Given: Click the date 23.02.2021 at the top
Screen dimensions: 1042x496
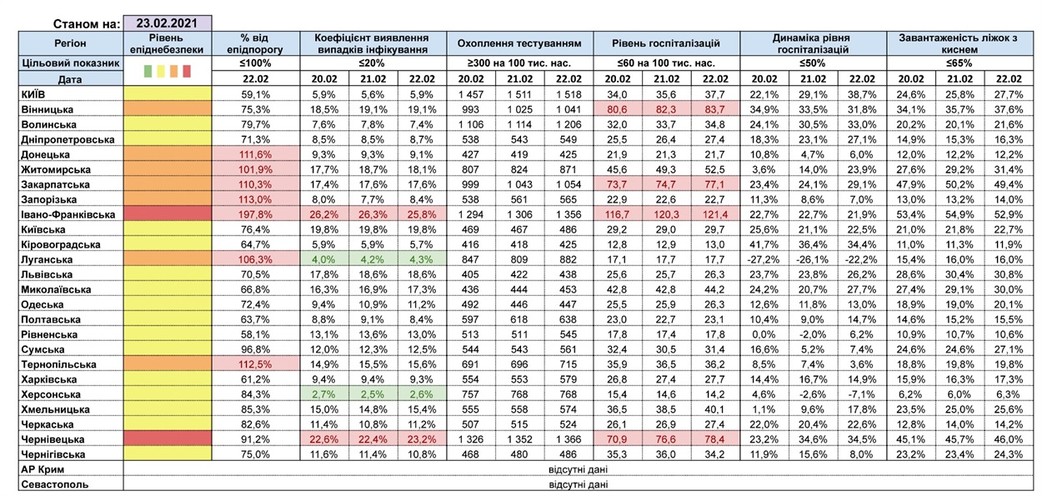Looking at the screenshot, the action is [167, 23].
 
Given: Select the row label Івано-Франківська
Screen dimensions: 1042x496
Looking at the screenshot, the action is [68, 214].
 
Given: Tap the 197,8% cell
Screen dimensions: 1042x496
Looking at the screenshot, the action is [255, 214].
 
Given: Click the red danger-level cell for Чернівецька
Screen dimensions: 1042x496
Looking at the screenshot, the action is [168, 438].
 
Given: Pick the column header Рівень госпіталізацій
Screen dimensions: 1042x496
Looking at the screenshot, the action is [666, 43].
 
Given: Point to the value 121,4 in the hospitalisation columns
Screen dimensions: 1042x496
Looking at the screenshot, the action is [714, 214].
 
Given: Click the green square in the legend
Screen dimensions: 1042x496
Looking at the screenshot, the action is [148, 71].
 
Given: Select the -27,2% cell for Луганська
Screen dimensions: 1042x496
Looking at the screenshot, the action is [764, 259].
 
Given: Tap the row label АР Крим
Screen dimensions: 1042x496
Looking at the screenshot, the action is [43, 469].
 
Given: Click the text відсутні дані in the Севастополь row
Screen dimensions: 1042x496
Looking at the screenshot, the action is [578, 483].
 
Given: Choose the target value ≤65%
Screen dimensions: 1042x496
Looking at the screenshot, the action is [959, 63].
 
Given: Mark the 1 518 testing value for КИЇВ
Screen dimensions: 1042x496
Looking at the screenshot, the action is [569, 94].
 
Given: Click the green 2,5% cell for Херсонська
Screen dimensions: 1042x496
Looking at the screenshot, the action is [373, 394].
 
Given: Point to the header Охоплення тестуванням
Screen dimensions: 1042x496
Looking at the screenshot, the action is [519, 43].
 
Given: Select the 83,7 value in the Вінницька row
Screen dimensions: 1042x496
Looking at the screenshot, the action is [714, 109].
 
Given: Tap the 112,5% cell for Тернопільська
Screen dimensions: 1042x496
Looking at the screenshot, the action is [255, 363].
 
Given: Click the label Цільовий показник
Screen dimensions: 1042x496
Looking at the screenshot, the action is [70, 63].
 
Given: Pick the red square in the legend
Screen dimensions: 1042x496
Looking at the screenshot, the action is [187, 71].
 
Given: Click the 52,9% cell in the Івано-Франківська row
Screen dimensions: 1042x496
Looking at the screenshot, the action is [1009, 214].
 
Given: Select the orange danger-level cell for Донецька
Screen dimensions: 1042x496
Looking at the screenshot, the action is [168, 154].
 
